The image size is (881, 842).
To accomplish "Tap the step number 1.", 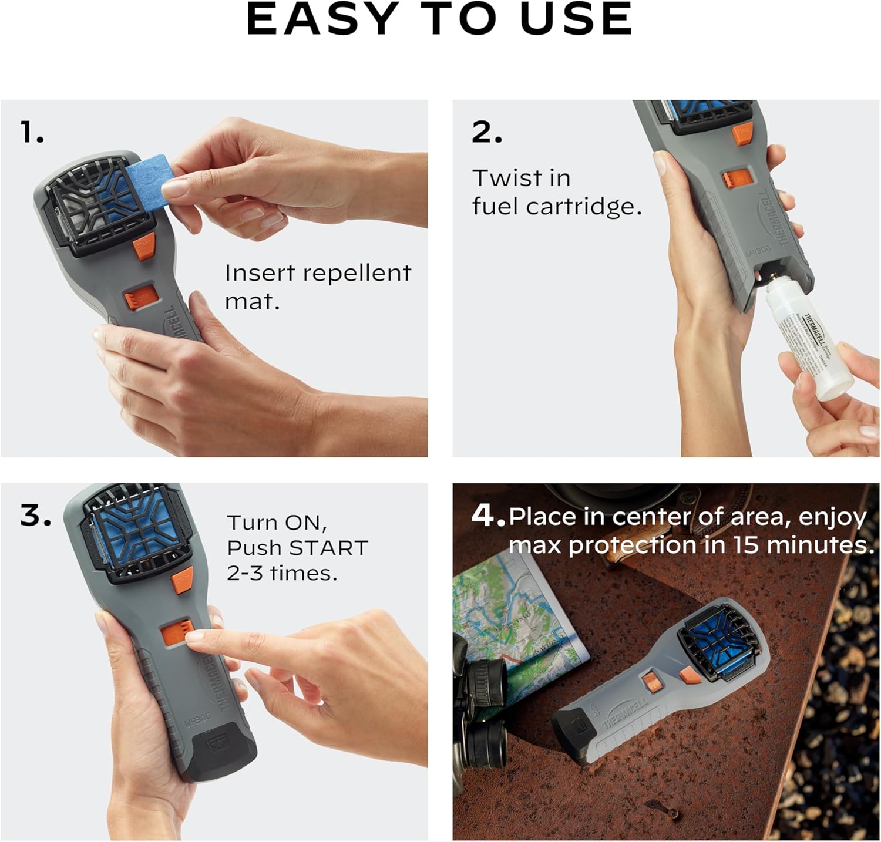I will pos(32,132).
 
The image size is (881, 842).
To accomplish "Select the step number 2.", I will pos(487,132).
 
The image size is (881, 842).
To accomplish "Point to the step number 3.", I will pos(35,516).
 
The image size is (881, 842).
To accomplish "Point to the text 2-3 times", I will pos(282,573).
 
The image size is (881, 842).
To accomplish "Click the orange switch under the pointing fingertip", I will pos(175,633).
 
